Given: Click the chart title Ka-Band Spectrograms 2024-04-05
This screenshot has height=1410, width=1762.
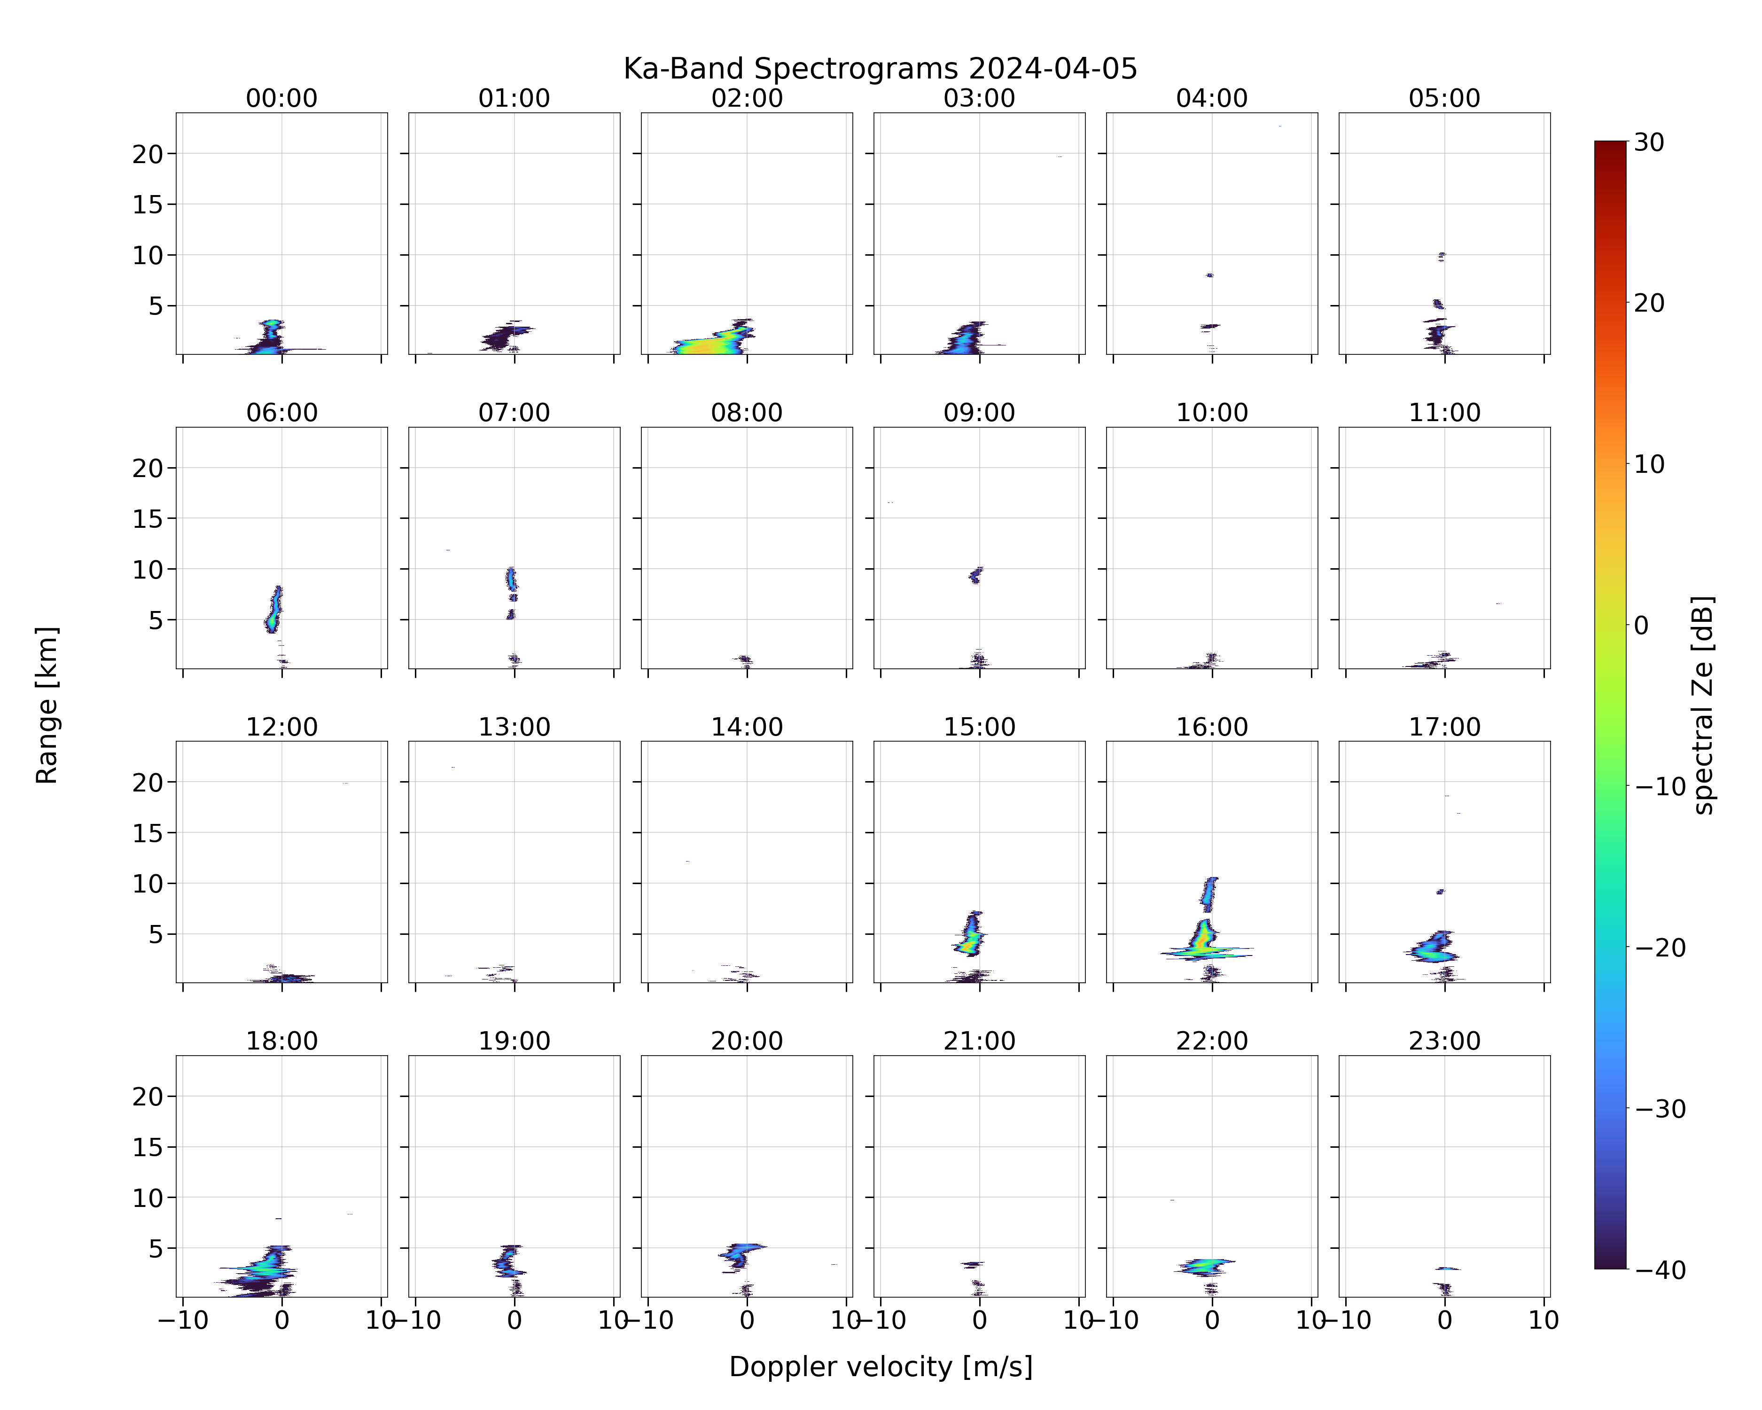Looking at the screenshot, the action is tap(880, 69).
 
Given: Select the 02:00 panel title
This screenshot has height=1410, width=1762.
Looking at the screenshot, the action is tap(747, 98).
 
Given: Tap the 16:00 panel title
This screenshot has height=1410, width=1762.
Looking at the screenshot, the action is tap(1212, 727).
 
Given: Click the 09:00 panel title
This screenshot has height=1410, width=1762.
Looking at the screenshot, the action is tap(979, 413).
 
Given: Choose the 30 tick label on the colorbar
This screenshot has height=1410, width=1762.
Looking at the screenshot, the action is tap(1649, 142).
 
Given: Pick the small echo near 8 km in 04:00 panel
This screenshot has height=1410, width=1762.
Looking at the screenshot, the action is tap(1209, 275).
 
